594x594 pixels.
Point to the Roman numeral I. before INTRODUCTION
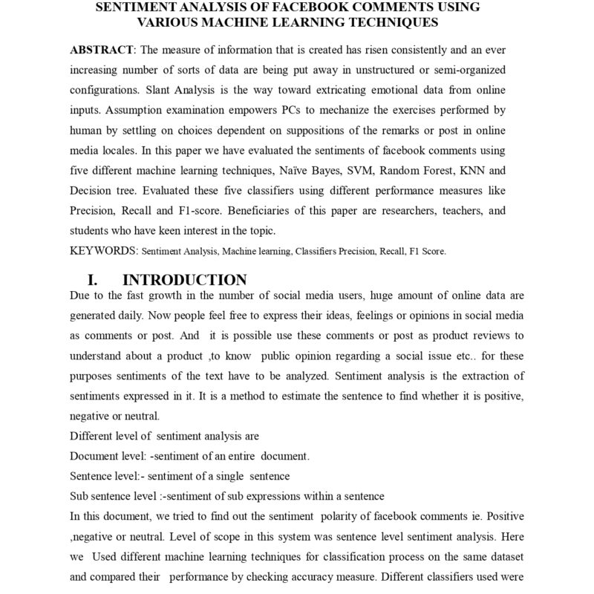(93, 280)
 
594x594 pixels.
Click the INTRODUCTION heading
(184, 280)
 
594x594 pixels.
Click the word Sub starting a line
(79, 495)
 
